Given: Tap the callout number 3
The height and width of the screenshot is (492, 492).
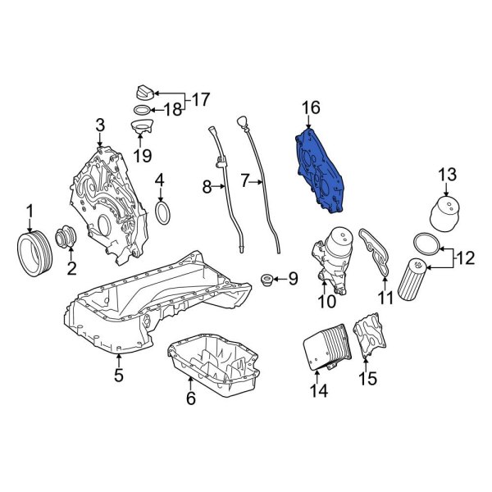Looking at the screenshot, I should coord(100,125).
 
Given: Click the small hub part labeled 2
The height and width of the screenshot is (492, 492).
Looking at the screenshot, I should coord(64,239).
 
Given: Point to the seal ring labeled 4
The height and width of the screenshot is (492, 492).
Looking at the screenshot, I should coord(162,213).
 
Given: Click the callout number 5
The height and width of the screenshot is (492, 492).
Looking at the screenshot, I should coord(119,376).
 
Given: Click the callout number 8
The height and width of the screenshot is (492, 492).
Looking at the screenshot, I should coord(207,188).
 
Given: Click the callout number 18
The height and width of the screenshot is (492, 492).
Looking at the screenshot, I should coord(173,110).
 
